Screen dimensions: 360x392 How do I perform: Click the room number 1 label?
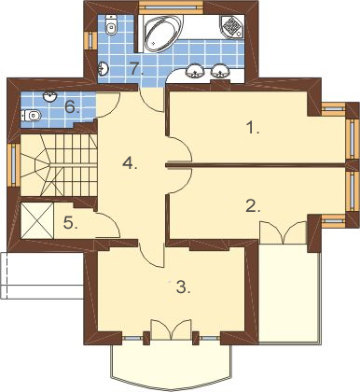coord(253,128)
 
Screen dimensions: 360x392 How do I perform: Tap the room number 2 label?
coord(253,206)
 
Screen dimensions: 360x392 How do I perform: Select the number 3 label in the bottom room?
coord(183,287)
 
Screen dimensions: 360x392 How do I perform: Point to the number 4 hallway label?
coord(130,162)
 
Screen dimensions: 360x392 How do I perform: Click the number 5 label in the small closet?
coord(71,223)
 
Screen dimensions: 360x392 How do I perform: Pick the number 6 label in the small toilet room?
coord(72,107)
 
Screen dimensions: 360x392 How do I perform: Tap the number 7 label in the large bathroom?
coord(137,68)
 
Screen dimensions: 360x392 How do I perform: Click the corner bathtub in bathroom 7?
coord(160,34)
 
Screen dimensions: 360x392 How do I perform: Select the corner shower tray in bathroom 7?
coord(233,26)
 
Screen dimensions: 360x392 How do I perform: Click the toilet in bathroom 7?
coord(110,24)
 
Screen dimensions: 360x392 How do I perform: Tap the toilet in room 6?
coord(32,116)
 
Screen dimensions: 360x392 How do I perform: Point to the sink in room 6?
coord(50,96)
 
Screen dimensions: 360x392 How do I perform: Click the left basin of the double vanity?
coord(195,71)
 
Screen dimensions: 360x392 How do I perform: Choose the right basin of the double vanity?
coord(220,71)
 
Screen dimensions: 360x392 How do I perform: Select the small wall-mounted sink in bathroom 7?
coord(103,68)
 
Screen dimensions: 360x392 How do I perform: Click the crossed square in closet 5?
coord(37,221)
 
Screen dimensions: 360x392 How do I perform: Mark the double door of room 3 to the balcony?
coord(171,329)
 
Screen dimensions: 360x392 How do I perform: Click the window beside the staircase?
coord(14,165)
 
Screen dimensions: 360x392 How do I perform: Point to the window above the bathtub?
coord(171,6)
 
